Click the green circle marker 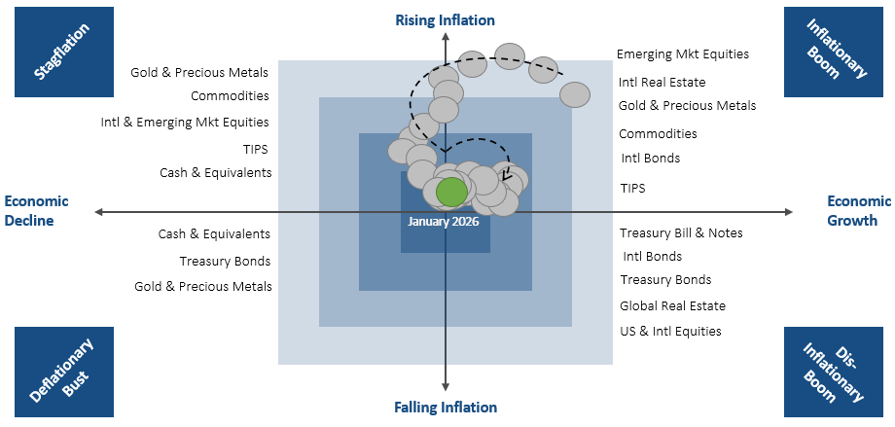click(451, 193)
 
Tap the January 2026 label click(444, 221)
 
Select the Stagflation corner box click(63, 52)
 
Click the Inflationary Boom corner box click(833, 52)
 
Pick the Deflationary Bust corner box click(63, 373)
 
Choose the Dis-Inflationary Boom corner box click(833, 373)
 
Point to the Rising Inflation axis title click(445, 19)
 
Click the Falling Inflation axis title click(446, 408)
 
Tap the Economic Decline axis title click(36, 211)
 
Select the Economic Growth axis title click(859, 211)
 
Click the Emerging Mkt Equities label click(683, 54)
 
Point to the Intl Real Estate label click(662, 83)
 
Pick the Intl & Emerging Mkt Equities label click(185, 123)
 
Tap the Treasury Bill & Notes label click(681, 233)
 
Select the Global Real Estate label click(673, 306)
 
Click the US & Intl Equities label click(671, 332)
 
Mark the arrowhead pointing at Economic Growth click(791, 211)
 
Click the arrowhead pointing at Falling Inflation click(446, 387)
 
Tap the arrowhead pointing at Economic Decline click(99, 211)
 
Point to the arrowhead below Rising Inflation click(446, 38)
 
